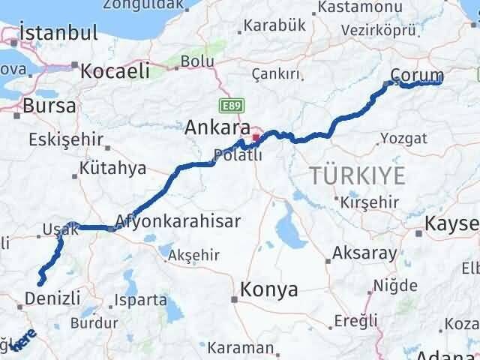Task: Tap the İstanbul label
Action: pos(59,33)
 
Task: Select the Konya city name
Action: pos(269,289)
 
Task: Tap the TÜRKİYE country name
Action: pos(358,176)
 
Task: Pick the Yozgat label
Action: pos(403,138)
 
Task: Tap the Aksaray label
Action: pos(364,253)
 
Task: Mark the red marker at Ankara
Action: pos(256,137)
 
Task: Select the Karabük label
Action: pos(276,25)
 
